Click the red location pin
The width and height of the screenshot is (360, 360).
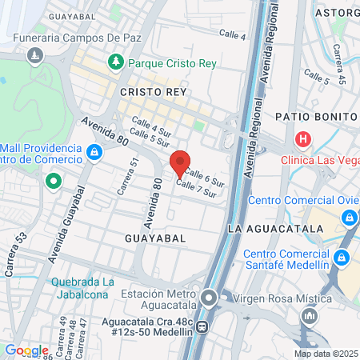180,163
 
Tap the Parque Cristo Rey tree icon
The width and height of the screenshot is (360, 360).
117,62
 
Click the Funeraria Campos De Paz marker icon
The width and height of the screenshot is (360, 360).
34,56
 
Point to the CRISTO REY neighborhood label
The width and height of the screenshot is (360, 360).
153,93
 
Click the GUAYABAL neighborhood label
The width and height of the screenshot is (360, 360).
155,238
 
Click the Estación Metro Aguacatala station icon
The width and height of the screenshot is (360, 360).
209,299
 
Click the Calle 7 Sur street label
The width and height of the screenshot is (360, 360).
197,189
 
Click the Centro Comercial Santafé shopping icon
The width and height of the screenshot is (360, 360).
342,258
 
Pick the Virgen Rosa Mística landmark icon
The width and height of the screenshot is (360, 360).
309,317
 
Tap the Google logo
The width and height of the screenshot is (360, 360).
26,350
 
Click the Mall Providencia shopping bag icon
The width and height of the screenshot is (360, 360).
94,150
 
